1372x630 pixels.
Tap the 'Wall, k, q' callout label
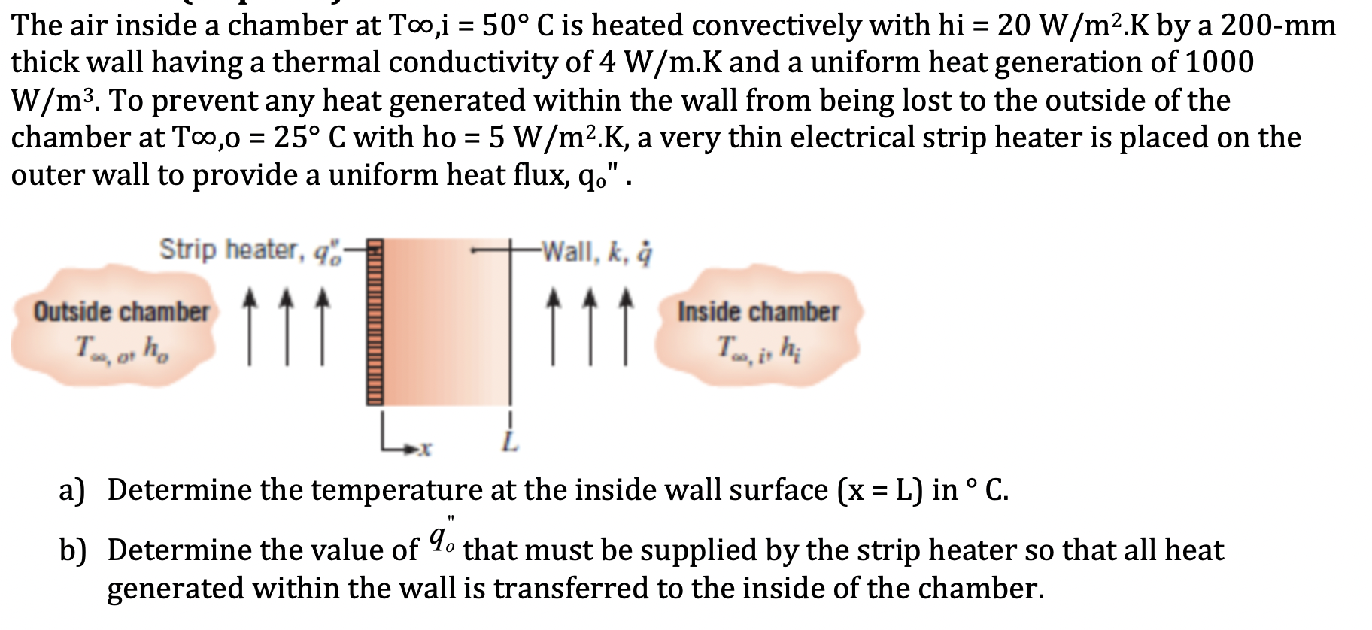(597, 252)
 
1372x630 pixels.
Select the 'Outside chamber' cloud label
(121, 312)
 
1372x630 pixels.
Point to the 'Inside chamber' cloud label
(758, 312)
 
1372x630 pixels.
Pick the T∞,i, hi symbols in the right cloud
(758, 348)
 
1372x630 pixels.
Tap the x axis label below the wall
(425, 450)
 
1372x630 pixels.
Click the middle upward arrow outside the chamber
(286, 327)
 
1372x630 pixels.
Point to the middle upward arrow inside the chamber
(590, 327)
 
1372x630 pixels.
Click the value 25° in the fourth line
(297, 138)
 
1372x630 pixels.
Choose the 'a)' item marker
(72, 490)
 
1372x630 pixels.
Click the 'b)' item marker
(72, 550)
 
